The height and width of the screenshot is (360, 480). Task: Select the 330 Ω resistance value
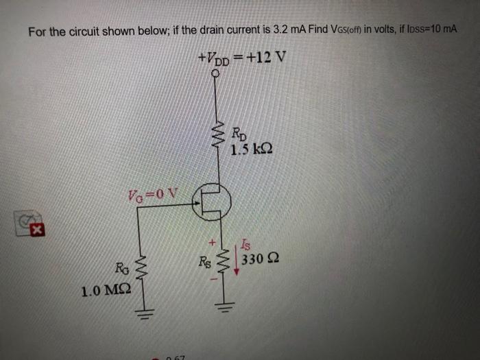pyautogui.click(x=263, y=259)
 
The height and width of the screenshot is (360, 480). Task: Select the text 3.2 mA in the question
pyautogui.click(x=274, y=31)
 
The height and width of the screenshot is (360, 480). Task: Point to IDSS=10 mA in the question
pyautogui.click(x=428, y=31)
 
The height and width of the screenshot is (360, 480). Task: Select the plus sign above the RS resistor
pyautogui.click(x=213, y=242)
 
